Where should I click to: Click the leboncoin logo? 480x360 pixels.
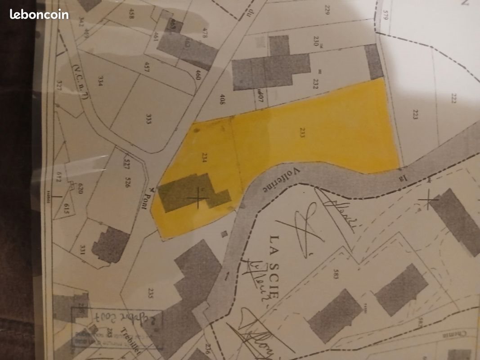click(39, 14)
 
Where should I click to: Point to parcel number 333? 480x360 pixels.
click(148, 119)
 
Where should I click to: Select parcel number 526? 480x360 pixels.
click(128, 182)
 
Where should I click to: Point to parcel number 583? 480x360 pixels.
click(335, 274)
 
